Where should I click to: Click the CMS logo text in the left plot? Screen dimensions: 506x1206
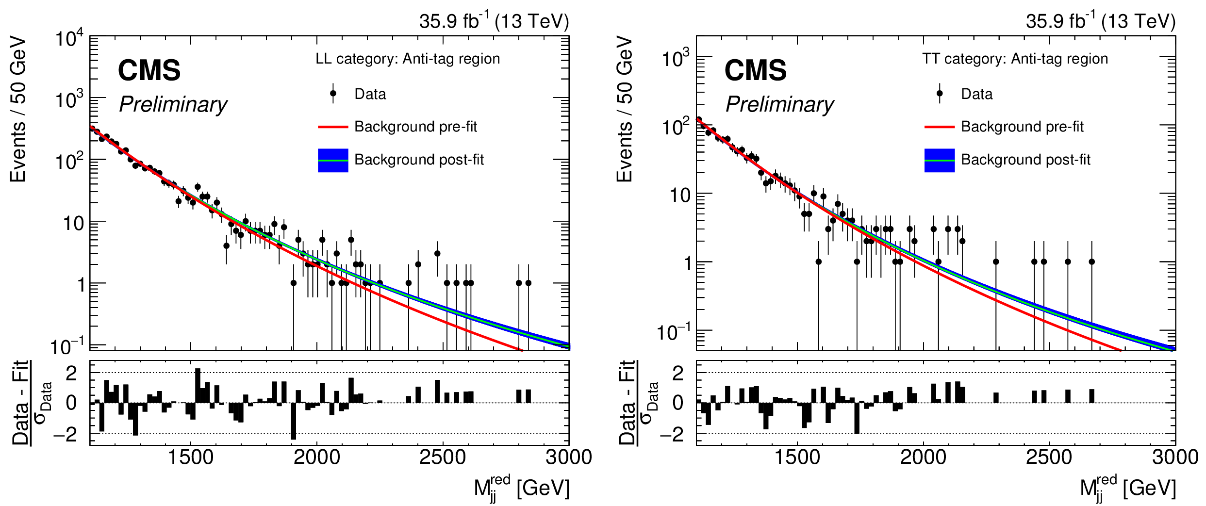point(149,70)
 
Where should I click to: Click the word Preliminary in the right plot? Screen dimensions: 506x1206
point(779,104)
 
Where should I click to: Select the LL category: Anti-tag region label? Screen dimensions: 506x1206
point(408,59)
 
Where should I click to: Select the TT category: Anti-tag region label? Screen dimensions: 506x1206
point(1015,59)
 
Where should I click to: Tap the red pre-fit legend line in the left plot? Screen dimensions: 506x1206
point(333,127)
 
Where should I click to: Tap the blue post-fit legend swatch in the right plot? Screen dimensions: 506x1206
point(939,160)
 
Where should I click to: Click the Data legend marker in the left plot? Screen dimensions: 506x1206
point(333,93)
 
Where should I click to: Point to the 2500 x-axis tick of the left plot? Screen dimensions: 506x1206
point(442,457)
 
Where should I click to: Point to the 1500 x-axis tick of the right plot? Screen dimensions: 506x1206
point(797,457)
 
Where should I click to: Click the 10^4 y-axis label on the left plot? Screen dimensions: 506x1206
point(69,38)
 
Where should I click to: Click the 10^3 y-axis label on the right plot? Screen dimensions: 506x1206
point(676,59)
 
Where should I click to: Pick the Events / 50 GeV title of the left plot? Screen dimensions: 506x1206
point(18,109)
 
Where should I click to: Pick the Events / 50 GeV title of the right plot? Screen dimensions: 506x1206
point(625,109)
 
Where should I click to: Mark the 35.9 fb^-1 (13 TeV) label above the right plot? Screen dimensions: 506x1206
point(1100,21)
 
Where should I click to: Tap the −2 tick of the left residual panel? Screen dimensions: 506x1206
point(65,434)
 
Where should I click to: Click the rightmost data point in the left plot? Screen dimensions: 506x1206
point(528,283)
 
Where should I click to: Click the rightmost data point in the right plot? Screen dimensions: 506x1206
point(1091,262)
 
